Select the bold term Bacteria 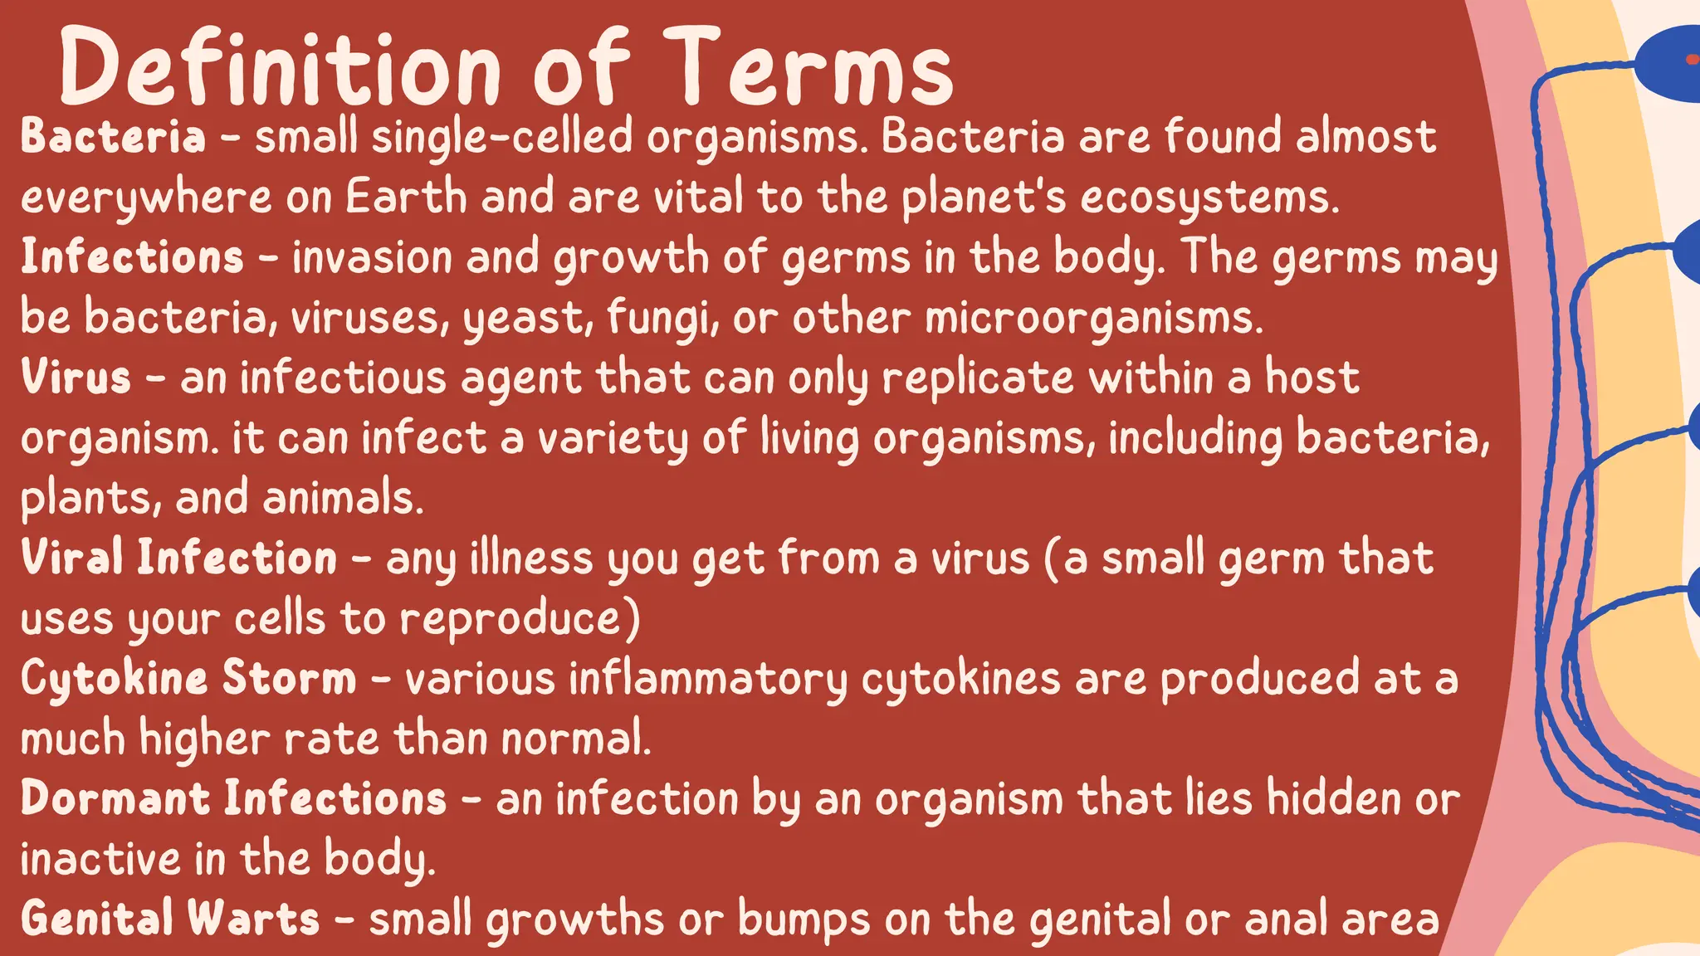[x=113, y=137]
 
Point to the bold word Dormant [x=115, y=798]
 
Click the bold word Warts [x=253, y=919]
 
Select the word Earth [x=406, y=198]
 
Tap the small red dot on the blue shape [x=1692, y=59]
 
